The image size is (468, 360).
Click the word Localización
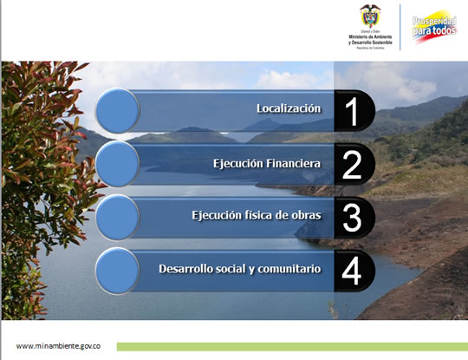pyautogui.click(x=289, y=108)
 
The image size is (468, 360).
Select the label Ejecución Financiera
pyautogui.click(x=267, y=163)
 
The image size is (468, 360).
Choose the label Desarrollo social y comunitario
pyautogui.click(x=240, y=269)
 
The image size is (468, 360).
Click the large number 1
pyautogui.click(x=351, y=111)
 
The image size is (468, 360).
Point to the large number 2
pyautogui.click(x=351, y=165)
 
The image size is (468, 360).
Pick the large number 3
pyautogui.click(x=351, y=218)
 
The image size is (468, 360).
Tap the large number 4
pyautogui.click(x=351, y=271)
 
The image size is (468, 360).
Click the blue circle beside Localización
pyautogui.click(x=117, y=110)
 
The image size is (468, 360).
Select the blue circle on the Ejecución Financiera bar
pyautogui.click(x=117, y=164)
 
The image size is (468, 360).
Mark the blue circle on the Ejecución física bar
pyautogui.click(x=117, y=217)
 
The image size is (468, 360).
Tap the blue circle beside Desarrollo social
pyautogui.click(x=117, y=270)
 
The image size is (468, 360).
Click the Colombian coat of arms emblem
pyautogui.click(x=369, y=16)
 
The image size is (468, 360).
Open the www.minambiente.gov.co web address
pyautogui.click(x=58, y=345)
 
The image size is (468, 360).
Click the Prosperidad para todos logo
pyautogui.click(x=434, y=25)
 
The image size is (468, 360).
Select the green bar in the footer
pyautogui.click(x=290, y=346)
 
